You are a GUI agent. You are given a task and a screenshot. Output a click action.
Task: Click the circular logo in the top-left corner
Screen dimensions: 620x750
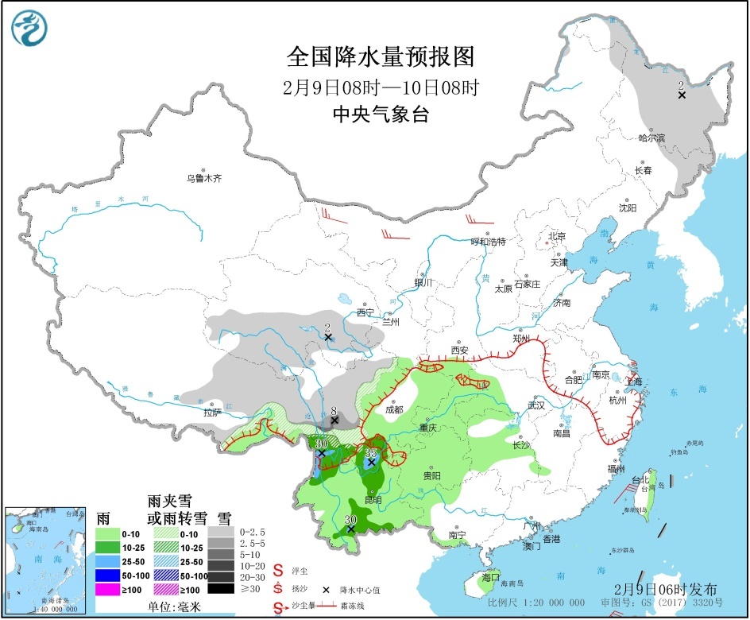(x=29, y=29)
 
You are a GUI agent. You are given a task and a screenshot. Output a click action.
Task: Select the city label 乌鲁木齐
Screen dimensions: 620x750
(x=204, y=179)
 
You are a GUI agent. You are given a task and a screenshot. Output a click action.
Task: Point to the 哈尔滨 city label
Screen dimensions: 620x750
(x=651, y=138)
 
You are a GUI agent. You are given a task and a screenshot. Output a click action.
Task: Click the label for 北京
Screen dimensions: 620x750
(x=556, y=237)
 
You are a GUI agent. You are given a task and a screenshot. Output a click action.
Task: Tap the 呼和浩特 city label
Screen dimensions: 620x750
(x=488, y=241)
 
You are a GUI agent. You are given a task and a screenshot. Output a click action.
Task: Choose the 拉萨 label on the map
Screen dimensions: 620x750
(x=211, y=413)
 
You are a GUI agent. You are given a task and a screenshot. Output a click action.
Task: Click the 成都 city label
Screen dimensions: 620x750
(x=393, y=410)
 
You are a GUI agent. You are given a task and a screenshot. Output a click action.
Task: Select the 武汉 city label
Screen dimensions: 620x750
(x=537, y=405)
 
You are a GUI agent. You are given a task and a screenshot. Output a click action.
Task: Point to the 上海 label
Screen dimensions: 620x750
(x=633, y=382)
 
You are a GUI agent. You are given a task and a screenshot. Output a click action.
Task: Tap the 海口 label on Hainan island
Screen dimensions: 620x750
(x=491, y=575)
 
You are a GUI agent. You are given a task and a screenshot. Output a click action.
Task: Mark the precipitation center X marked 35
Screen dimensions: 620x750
(x=371, y=462)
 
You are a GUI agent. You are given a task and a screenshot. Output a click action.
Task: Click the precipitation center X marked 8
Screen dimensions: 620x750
(x=334, y=420)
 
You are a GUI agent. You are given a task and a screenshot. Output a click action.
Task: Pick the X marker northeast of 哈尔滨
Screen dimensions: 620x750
(x=682, y=95)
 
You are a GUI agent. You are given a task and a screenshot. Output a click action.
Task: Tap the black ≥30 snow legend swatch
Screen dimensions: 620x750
(x=222, y=590)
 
